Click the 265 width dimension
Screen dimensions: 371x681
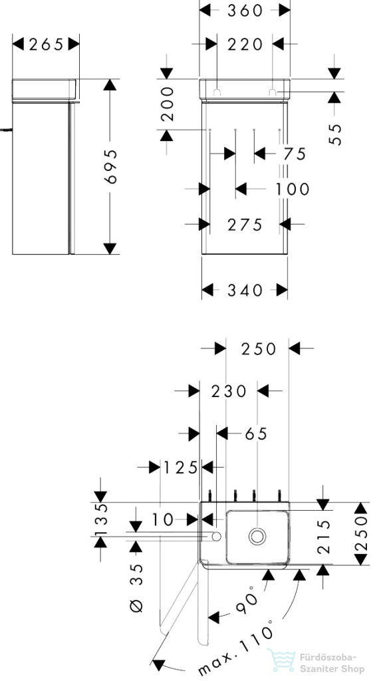coord(46,44)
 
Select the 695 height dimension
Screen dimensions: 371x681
coord(110,166)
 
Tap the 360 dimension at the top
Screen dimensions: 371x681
coord(245,11)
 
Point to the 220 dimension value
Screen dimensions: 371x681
coord(245,44)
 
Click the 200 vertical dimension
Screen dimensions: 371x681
coord(167,104)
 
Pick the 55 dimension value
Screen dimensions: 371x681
coord(335,134)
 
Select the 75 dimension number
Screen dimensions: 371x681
coord(295,154)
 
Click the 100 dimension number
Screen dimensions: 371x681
coord(292,189)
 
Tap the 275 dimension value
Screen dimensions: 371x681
coord(245,225)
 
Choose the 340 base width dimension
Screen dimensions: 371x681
coord(245,290)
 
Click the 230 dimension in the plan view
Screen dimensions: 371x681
coord(229,391)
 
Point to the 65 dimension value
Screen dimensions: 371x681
coord(257,434)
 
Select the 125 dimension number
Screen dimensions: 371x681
coord(180,468)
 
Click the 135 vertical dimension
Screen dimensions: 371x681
coord(101,519)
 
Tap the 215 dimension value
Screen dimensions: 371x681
coord(324,537)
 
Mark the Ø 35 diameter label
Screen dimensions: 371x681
coord(136,587)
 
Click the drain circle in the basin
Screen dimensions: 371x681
coord(257,536)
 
